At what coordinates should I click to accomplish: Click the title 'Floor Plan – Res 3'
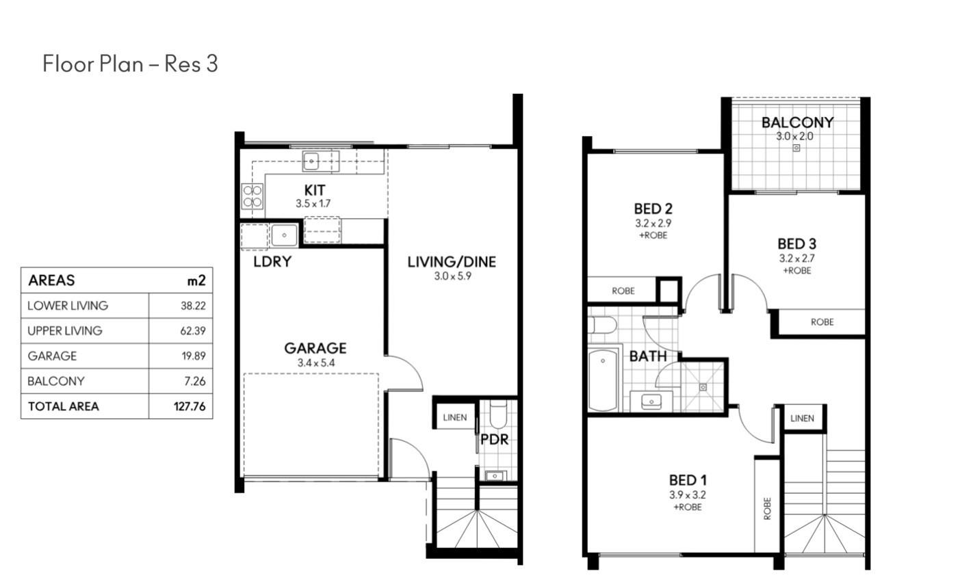point(130,64)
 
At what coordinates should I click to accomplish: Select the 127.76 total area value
point(190,406)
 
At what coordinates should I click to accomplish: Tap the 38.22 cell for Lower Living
point(193,306)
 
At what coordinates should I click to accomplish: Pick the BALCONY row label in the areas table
point(55,381)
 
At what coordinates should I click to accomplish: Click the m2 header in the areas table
point(196,280)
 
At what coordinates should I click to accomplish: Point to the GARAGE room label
point(315,348)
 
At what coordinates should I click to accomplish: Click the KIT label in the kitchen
point(315,190)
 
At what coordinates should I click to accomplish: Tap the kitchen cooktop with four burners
point(252,196)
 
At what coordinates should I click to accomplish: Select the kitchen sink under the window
point(311,161)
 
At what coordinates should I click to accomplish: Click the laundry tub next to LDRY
point(284,235)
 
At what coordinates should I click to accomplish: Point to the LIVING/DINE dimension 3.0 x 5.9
point(452,276)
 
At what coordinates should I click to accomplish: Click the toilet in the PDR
point(498,414)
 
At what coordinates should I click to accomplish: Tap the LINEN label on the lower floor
point(455,417)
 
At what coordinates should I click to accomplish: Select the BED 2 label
point(653,209)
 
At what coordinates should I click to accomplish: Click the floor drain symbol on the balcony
point(796,148)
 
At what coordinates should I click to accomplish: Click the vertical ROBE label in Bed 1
point(767,508)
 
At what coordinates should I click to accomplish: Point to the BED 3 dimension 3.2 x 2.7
point(796,259)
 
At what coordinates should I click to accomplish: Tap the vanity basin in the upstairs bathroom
point(651,401)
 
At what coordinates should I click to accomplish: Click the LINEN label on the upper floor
point(802,418)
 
